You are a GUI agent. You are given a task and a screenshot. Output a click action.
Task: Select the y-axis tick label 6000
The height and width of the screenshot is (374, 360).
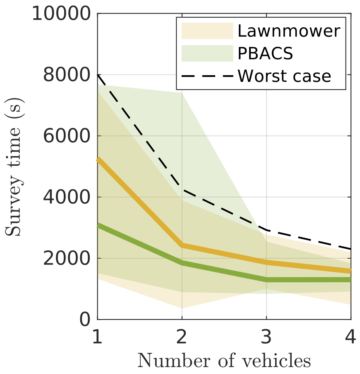pos(67,136)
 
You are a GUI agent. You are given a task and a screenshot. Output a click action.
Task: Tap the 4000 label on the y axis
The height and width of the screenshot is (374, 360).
pos(67,197)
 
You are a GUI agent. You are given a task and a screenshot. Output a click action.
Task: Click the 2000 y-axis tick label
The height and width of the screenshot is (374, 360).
pos(67,258)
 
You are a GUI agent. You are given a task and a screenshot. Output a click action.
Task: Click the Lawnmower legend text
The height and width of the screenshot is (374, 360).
pos(288,31)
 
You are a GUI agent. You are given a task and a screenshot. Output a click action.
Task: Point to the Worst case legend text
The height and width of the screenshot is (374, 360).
pos(284,76)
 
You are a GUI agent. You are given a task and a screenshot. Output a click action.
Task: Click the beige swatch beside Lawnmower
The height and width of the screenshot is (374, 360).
pos(207,31)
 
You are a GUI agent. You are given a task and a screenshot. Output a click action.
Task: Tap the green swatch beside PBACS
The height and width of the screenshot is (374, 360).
pos(207,53)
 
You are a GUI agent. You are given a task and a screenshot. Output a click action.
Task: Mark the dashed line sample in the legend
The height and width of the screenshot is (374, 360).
pos(207,76)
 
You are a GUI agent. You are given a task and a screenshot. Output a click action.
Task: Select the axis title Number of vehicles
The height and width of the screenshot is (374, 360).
pos(224,361)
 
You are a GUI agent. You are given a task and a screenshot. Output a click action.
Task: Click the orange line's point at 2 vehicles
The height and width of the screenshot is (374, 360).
pos(182,245)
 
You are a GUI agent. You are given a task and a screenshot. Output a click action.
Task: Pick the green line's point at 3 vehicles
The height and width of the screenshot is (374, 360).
pos(266,280)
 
